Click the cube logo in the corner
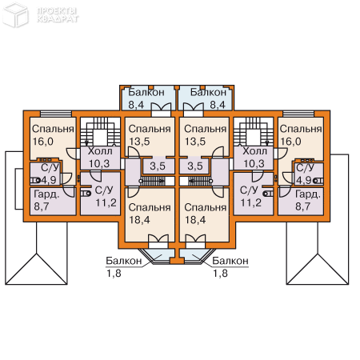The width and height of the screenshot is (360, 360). coord(15,15)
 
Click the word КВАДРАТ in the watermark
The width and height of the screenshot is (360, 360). coord(58,19)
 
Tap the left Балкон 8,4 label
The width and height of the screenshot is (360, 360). coord(146,98)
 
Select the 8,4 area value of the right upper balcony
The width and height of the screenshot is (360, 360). coord(218,105)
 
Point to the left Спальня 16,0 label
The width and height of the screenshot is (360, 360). coord(53,135)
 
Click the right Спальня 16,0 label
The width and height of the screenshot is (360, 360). coord(301,135)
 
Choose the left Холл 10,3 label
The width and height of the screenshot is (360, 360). coord(100,158)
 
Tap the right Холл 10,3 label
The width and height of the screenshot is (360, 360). coord(254,158)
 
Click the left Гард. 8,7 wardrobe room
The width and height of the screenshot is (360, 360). coord(53,201)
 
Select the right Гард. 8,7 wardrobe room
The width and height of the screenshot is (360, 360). coord(301,201)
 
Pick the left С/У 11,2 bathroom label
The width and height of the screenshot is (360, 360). coord(106,196)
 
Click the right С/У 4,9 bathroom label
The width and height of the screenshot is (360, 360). coord(306,174)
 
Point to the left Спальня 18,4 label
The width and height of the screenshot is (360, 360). coord(150,214)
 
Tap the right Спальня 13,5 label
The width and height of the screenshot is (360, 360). coord(205,135)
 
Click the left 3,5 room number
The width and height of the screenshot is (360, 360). coord(158,166)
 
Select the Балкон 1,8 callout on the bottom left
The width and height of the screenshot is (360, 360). coord(123,266)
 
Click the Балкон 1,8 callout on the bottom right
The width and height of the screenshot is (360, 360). coord(230,266)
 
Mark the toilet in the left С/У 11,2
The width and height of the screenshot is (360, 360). coord(86,193)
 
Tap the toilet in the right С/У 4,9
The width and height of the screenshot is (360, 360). coord(318,181)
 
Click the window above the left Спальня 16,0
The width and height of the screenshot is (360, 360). coord(56,114)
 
